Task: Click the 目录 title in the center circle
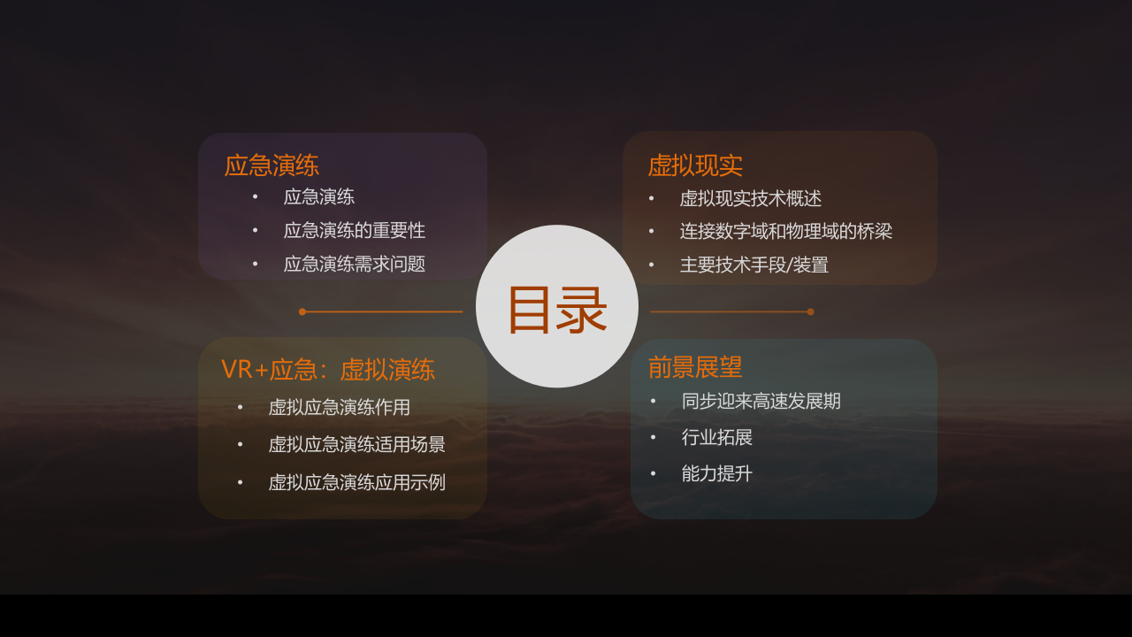click(x=556, y=309)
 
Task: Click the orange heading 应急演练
click(x=272, y=165)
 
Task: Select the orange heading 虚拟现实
click(x=695, y=165)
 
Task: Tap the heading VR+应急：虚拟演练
click(x=328, y=369)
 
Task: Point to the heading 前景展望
click(x=695, y=367)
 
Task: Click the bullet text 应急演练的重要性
click(x=355, y=230)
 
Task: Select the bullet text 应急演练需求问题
click(x=355, y=264)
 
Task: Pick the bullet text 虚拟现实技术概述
click(x=751, y=198)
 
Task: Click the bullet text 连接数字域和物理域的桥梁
click(x=786, y=231)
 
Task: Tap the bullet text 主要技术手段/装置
click(x=754, y=265)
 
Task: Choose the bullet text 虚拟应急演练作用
click(x=340, y=407)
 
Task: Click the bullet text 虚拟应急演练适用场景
click(x=357, y=444)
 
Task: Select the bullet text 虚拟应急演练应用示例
click(x=357, y=482)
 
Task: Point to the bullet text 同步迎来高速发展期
click(x=761, y=401)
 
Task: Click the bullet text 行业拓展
click(x=717, y=437)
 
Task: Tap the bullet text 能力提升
click(x=717, y=473)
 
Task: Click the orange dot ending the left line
click(x=302, y=311)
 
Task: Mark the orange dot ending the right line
click(x=810, y=311)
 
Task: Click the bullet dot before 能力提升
click(x=654, y=473)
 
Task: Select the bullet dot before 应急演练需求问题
click(x=256, y=264)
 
